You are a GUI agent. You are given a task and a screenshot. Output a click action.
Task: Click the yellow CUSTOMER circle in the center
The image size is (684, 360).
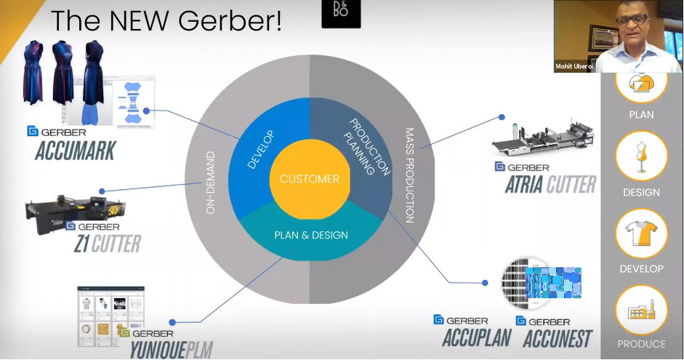click(x=310, y=179)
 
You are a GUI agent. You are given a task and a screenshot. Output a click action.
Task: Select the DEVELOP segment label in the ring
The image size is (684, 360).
click(x=258, y=150)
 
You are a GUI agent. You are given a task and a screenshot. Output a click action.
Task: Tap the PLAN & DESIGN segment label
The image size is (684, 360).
click(x=310, y=235)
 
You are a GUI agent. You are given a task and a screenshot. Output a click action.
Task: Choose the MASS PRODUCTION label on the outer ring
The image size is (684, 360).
click(x=409, y=175)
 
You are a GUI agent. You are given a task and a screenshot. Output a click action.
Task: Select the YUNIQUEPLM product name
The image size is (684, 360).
click(x=171, y=348)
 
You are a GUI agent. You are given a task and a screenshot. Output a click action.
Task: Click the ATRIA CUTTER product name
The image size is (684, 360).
click(x=550, y=185)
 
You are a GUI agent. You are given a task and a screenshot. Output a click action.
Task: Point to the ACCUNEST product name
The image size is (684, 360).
click(x=558, y=338)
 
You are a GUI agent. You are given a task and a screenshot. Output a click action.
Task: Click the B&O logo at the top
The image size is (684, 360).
click(x=340, y=14)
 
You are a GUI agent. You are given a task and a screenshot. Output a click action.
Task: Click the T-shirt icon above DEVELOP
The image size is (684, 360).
click(x=642, y=233)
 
